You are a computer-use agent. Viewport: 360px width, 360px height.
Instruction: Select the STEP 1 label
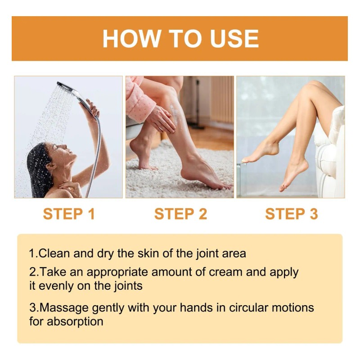(69, 214)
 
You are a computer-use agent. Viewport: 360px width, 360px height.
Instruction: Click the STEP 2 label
(181, 214)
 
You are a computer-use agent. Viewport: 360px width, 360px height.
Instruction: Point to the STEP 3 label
(292, 214)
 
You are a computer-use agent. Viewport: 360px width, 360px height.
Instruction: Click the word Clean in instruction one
(54, 253)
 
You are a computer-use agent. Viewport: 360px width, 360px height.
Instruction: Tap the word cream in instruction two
(225, 272)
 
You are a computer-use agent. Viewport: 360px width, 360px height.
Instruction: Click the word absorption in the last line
(75, 322)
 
